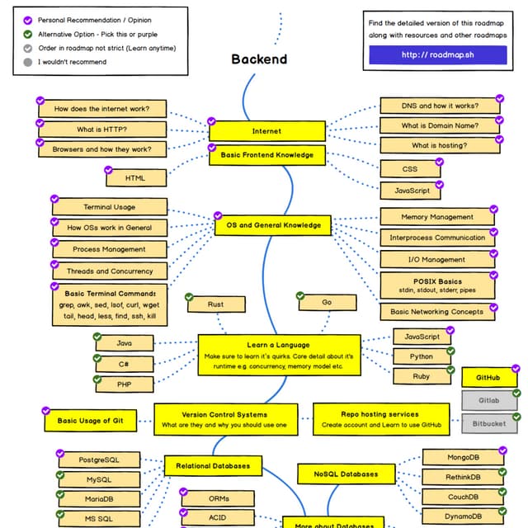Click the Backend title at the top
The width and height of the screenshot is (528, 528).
coord(259,59)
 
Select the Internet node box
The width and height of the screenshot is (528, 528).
coord(266,131)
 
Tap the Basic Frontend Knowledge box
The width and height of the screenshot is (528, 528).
coord(266,154)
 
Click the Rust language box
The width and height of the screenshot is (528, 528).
coord(215,304)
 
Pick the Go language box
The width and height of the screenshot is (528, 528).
coord(327,303)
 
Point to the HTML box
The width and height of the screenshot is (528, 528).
coord(135,177)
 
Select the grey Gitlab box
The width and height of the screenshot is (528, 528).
coord(488,400)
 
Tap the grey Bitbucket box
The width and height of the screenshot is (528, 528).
coord(488,424)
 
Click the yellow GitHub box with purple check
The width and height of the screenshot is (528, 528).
coord(488,378)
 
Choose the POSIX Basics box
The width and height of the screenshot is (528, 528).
coord(437,285)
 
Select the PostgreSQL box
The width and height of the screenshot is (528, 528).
coord(98,459)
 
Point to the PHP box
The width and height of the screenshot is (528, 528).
coord(124,384)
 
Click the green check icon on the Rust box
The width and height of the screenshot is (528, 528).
coord(189,296)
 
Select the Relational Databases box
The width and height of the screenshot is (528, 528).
coord(213,466)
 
